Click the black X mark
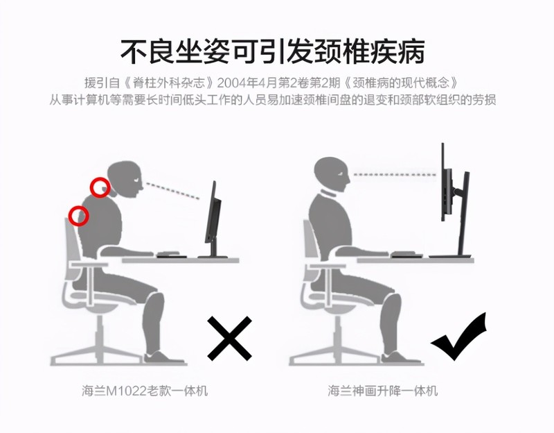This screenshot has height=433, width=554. (229, 338)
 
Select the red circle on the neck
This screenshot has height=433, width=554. (101, 187)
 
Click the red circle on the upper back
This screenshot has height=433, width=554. (80, 216)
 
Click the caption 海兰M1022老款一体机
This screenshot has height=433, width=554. (143, 391)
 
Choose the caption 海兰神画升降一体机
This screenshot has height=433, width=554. (383, 391)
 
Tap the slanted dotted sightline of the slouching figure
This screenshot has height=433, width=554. (174, 190)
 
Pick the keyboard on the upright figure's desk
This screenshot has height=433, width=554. (403, 254)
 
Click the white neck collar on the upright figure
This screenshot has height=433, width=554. (324, 194)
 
